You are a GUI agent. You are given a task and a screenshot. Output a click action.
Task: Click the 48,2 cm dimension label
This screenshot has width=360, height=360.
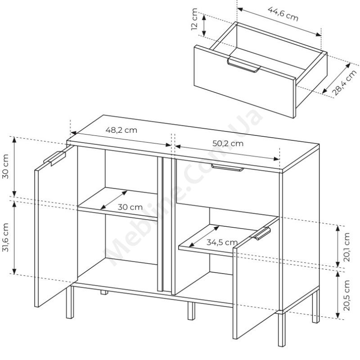coord(121,130)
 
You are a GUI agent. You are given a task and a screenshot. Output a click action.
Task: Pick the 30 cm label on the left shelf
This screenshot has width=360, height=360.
coord(130,207)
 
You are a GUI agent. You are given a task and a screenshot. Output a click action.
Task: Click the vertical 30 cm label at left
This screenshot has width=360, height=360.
coord(6,167)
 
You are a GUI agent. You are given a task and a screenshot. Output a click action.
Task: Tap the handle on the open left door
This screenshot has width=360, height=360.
coord(55,158)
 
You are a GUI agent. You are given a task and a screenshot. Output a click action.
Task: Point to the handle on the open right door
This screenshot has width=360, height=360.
coord(263,234)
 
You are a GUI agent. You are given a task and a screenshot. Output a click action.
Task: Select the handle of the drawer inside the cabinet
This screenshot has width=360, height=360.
coord(227,168)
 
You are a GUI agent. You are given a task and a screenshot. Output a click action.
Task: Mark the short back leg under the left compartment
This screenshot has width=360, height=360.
coord(104,292)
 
